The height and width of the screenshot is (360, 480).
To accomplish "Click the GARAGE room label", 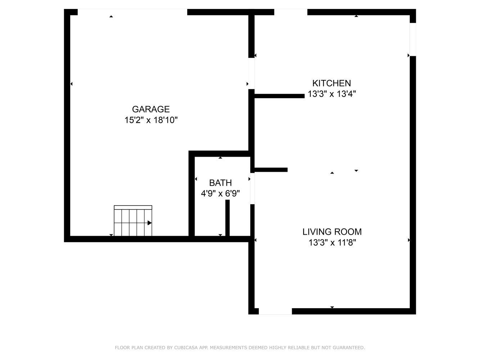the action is [151, 109].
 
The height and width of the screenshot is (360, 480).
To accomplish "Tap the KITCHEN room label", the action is [332, 83].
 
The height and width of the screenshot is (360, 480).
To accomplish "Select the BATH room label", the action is [220, 183].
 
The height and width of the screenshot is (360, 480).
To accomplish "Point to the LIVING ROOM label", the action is [332, 232].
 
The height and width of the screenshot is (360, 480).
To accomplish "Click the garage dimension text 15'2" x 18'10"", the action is [151, 120].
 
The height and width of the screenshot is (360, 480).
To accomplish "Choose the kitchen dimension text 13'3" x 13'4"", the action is [332, 94].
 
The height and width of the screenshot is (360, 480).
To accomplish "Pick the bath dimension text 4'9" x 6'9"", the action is [220, 193].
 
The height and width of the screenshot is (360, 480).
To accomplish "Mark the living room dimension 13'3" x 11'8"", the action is [332, 243].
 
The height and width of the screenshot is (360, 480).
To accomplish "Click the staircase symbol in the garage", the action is [133, 221].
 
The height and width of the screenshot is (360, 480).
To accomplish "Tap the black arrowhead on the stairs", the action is [149, 223].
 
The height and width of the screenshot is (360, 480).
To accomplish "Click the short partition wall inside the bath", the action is [228, 218].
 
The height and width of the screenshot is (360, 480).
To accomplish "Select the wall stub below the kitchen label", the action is [279, 96].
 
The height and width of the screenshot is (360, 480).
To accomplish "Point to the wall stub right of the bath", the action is [271, 170].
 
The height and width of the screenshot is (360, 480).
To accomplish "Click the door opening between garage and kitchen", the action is [251, 73].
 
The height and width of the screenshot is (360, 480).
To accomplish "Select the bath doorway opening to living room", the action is [252, 188].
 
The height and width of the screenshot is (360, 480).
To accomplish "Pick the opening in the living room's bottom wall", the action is [275, 311].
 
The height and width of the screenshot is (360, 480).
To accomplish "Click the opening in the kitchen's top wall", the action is [291, 12].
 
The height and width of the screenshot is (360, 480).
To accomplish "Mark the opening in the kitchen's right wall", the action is [413, 39].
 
